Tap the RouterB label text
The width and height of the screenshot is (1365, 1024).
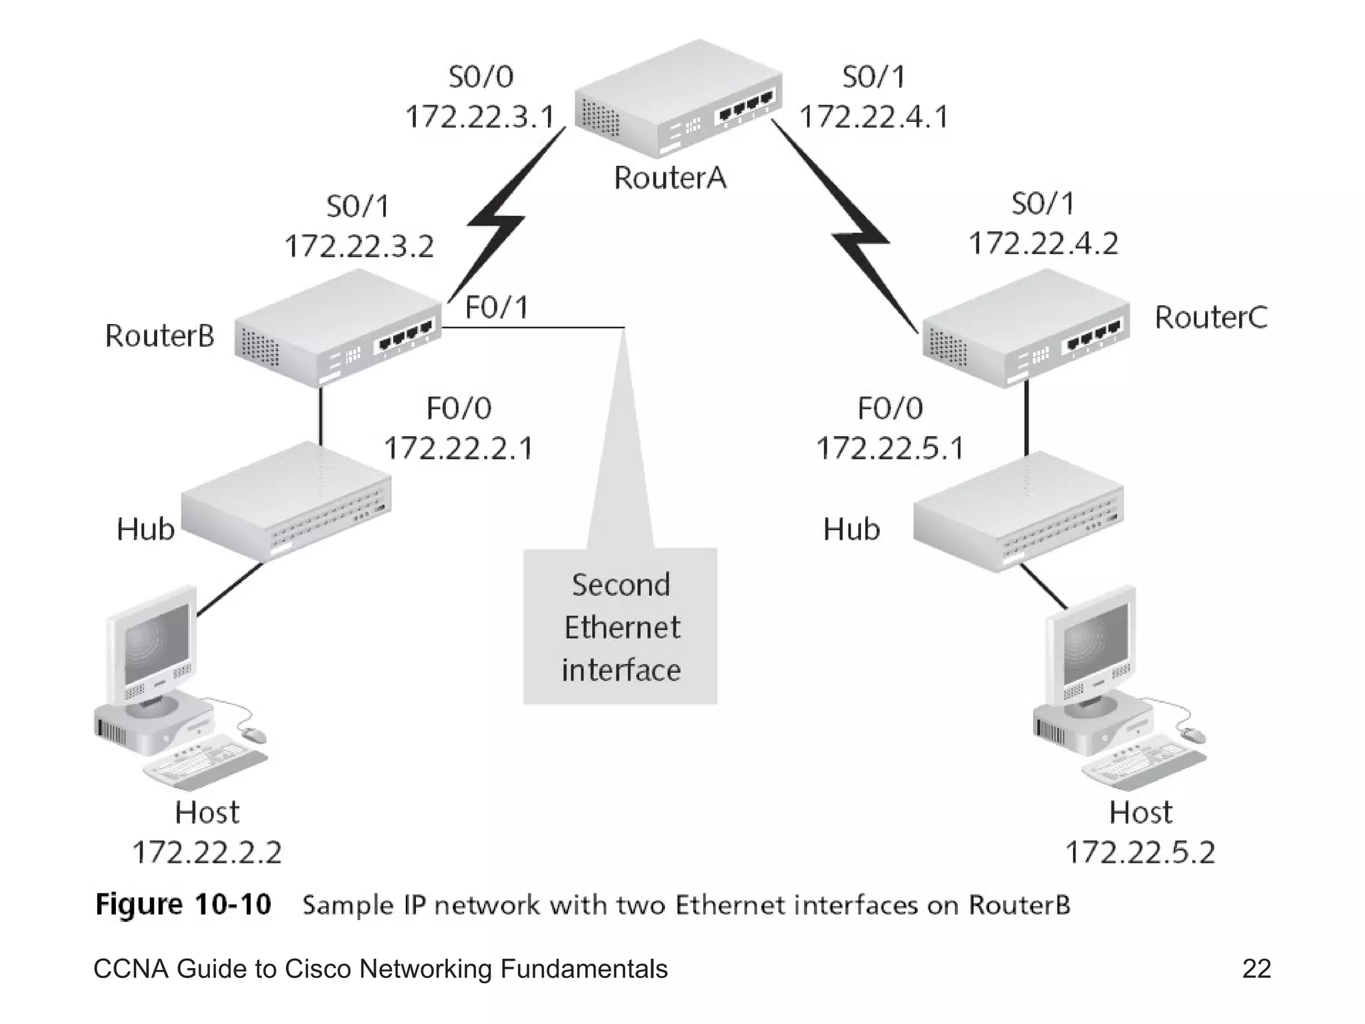click(x=159, y=335)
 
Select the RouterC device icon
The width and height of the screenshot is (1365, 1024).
click(x=1025, y=328)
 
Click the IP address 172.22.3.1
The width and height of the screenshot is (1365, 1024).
click(x=480, y=117)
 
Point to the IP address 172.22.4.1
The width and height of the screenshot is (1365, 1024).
click(x=873, y=117)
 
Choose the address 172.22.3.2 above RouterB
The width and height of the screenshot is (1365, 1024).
click(x=359, y=247)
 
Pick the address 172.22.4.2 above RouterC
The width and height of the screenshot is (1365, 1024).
click(x=1043, y=243)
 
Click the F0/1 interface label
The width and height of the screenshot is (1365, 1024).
click(x=497, y=308)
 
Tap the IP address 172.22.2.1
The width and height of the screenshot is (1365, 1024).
click(x=459, y=448)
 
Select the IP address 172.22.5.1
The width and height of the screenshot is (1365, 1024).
click(x=890, y=448)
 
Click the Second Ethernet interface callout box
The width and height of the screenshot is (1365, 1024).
click(x=621, y=627)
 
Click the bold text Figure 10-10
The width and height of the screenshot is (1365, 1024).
click(x=183, y=905)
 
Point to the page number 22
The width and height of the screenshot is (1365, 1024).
click(x=1256, y=969)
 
